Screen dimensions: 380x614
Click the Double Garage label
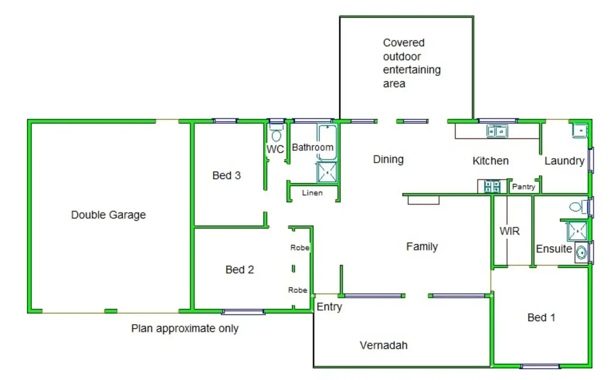(108, 215)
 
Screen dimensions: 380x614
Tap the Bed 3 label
(226, 176)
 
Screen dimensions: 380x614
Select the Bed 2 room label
(239, 270)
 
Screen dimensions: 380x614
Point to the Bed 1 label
(541, 318)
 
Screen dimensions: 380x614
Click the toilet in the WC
(276, 136)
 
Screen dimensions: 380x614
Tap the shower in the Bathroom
(327, 172)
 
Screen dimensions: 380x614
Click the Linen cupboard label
(312, 193)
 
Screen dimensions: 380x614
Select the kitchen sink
(497, 131)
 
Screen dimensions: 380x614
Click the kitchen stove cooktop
(492, 186)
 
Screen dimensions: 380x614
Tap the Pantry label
(523, 187)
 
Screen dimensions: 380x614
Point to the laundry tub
(580, 131)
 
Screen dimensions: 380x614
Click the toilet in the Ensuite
(576, 206)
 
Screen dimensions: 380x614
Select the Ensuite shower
(577, 231)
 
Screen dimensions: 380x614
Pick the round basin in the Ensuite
(581, 252)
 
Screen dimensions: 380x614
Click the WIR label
(509, 232)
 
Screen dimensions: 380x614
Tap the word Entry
(329, 307)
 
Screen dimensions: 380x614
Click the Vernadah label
(383, 345)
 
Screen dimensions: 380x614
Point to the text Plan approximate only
(185, 329)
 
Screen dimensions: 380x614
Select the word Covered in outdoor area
(403, 43)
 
